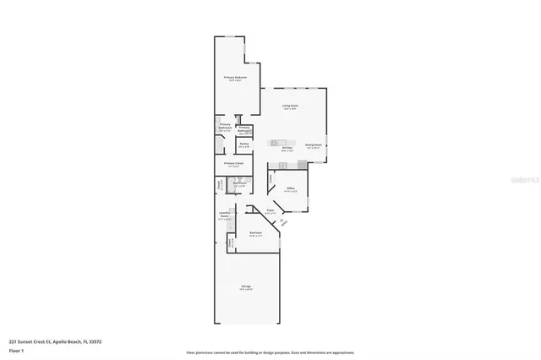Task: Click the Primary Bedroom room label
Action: click(x=235, y=77)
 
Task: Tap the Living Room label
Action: click(x=292, y=106)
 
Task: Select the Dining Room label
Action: click(x=314, y=145)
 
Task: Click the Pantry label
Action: click(x=220, y=145)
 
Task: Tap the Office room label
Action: click(x=290, y=188)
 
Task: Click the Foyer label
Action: click(x=270, y=210)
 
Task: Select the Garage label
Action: click(x=246, y=286)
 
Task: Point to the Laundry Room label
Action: click(x=225, y=215)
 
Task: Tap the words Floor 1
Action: click(x=16, y=349)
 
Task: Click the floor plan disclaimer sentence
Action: click(x=270, y=352)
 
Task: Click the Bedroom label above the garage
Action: click(x=254, y=232)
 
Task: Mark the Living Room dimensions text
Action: click(x=292, y=109)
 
